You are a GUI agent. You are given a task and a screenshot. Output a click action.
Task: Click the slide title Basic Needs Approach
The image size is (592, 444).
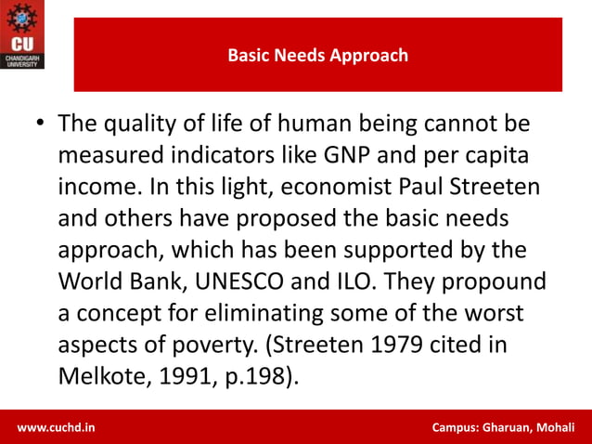click(x=317, y=56)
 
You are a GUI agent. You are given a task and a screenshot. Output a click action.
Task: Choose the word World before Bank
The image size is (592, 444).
click(x=87, y=281)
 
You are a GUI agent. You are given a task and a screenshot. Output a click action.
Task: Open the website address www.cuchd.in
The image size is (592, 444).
click(x=55, y=427)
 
